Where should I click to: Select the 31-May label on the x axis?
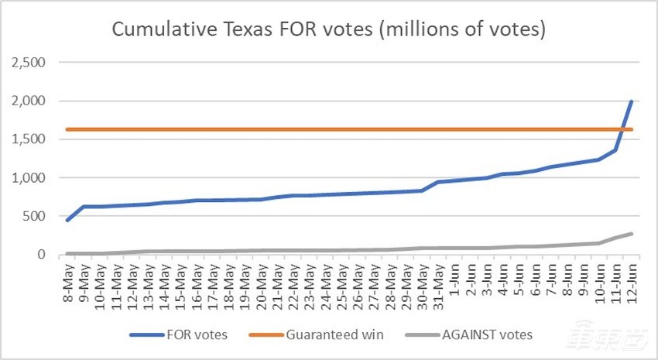click(x=438, y=282)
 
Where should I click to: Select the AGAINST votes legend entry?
click(x=481, y=334)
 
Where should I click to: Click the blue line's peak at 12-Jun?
click(x=631, y=101)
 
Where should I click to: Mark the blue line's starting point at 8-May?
click(x=67, y=221)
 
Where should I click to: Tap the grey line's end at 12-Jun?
click(x=631, y=233)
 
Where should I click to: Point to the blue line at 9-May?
click(x=84, y=207)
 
